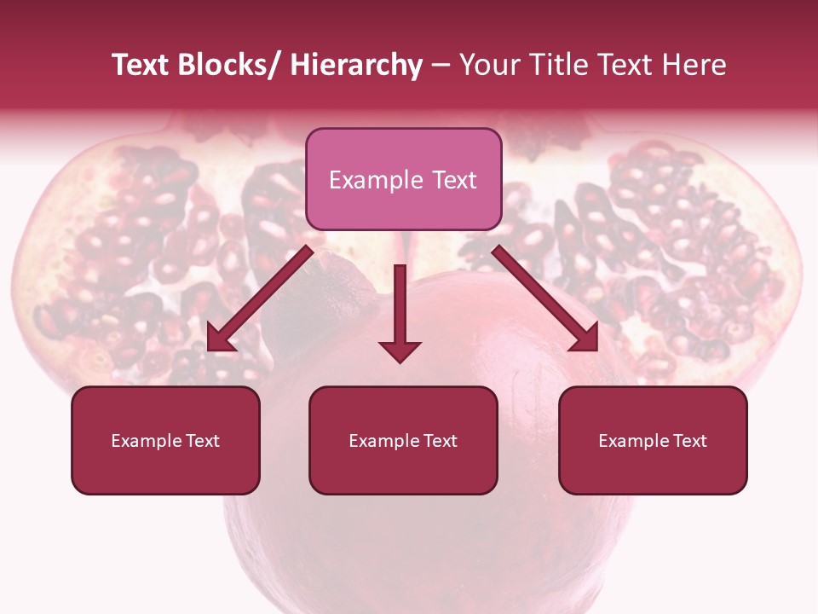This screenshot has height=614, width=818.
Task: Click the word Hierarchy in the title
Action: pos(356,65)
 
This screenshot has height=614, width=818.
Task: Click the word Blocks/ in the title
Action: pos(225,65)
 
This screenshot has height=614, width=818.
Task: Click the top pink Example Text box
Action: pos(403,179)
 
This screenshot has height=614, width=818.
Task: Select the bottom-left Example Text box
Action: pos(165,440)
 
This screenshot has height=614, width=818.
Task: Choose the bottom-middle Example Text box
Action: pos(403,440)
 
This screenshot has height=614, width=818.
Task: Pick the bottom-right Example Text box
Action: pos(653,440)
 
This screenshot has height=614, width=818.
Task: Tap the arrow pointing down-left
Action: pos(261,298)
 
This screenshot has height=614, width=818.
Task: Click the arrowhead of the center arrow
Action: pos(400,350)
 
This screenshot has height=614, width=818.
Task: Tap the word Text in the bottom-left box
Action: pos(204,441)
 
